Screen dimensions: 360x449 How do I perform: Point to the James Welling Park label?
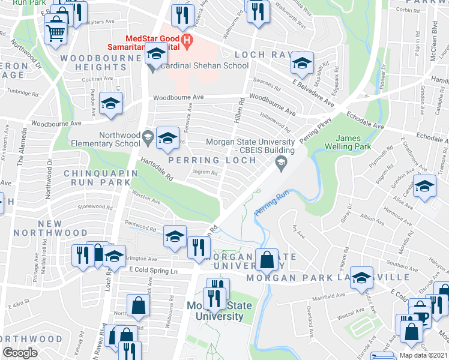(x=343, y=142)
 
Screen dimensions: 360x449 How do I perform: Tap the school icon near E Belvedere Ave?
(x=302, y=63)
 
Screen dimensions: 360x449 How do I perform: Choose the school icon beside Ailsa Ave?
(x=424, y=187)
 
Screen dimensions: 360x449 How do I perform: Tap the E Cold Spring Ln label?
(x=154, y=272)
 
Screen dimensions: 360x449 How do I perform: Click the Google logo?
(x=20, y=352)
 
